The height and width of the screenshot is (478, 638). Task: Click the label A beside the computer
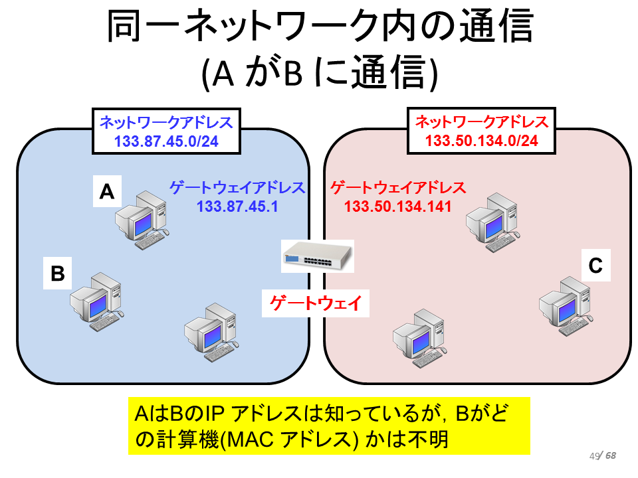[x=107, y=191]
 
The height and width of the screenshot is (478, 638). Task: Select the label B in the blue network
[x=57, y=273]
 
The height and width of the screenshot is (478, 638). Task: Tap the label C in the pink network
[x=595, y=266]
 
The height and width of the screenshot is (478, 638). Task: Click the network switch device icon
[x=318, y=256]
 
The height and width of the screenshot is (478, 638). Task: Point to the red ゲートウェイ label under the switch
[x=316, y=303]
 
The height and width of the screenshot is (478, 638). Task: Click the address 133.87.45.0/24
[x=166, y=141]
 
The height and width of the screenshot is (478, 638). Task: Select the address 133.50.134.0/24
[x=482, y=141]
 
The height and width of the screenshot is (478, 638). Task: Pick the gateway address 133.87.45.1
[x=237, y=206]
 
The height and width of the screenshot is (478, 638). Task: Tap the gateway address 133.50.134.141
[x=398, y=206]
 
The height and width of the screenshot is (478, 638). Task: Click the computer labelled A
[x=142, y=220]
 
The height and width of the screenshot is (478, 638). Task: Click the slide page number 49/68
[x=603, y=455]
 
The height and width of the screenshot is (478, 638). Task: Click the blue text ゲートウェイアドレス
[x=237, y=188]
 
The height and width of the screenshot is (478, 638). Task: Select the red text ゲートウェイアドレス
[x=398, y=188]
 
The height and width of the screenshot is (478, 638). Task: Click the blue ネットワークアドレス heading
[x=166, y=122]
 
